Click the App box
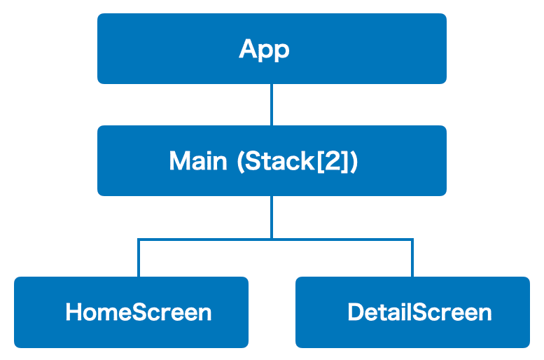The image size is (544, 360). coord(272,48)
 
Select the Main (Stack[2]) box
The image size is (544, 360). coord(272,160)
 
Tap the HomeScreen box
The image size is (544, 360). coord(131,312)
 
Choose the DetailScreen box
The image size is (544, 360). coord(412,312)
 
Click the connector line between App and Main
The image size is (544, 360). coord(272,104)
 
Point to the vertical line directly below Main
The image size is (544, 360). coord(272,217)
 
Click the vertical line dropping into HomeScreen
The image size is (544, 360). coord(139,258)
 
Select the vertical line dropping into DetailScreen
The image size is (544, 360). coord(412,258)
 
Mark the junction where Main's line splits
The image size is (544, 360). coord(272,240)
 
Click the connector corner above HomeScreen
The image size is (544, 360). coord(139,240)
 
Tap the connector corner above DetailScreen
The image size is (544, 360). coord(412,240)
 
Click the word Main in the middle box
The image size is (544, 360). coord(198,160)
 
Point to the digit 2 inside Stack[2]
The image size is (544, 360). coord(333,160)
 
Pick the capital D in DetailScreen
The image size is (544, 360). coord(356,312)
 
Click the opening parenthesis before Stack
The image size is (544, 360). coord(241,161)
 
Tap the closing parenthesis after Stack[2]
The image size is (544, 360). coord(354,161)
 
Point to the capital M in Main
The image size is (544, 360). coord(179,160)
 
